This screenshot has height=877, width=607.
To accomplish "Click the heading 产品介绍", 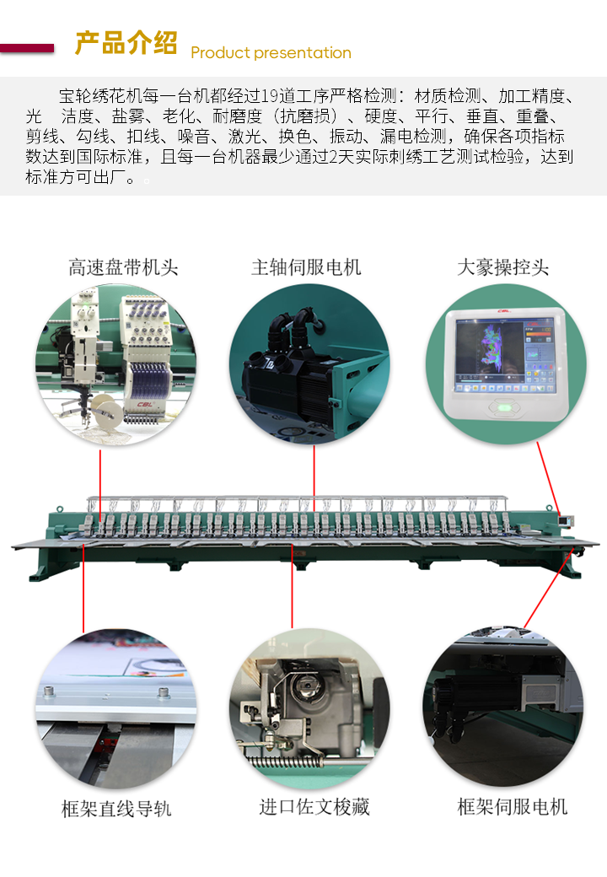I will pos(126,43).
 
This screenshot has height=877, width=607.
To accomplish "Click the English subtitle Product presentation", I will pos(271,53).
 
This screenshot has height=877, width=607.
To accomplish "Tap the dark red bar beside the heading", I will pos(28,48).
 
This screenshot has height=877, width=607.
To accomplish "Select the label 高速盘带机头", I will pos(123,268).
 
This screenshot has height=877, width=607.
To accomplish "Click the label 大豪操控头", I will pos(502,267).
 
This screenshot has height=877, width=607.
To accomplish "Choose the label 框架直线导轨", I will pos(116,809).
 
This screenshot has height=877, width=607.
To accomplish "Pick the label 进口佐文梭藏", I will pos(314,807).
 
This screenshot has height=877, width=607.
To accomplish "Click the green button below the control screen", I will pos(504,408).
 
